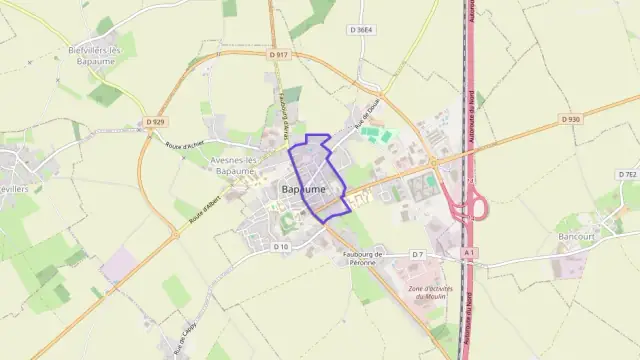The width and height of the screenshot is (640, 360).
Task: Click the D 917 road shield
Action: click(x=279, y=54)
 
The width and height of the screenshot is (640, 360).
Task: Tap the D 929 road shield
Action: click(x=153, y=122)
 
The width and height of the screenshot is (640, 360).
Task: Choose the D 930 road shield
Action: click(x=570, y=119)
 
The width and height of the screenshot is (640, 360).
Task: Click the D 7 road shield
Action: click(x=417, y=255)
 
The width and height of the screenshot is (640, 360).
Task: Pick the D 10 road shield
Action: click(x=280, y=245)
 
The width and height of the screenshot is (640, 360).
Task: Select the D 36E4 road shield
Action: click(x=361, y=30)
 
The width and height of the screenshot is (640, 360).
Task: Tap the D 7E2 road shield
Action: click(x=627, y=174)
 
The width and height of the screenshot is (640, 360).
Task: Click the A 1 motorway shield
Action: click(x=469, y=255)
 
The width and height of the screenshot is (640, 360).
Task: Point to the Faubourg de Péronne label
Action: click(x=364, y=260)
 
